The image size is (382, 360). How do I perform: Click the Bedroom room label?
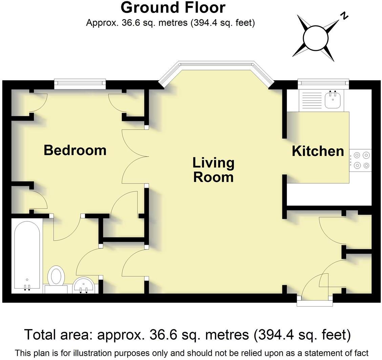click(75, 150)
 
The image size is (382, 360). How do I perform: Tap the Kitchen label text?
click(318, 151)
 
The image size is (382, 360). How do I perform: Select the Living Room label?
click(213, 170)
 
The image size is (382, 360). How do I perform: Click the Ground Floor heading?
click(173, 7)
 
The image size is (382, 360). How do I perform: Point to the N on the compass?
click(344, 16)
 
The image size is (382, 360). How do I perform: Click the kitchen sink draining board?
click(312, 100)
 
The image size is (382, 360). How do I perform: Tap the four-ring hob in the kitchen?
click(361, 160)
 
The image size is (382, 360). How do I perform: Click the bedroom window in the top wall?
click(80, 84)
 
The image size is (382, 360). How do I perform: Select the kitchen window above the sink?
click(323, 84)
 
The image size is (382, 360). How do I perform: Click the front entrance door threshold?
click(315, 301)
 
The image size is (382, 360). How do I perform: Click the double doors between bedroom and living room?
click(135, 156)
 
